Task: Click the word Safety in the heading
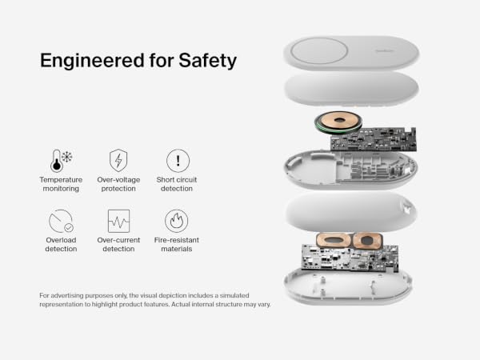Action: coord(207,61)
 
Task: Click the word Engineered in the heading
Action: coord(92,61)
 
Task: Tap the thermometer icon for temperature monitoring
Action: coord(57,161)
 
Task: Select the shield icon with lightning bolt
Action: coord(118,161)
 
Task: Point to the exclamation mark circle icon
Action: coord(178,161)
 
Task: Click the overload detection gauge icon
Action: coord(61,221)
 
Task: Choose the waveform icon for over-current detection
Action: coord(118,221)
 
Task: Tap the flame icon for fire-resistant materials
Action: coord(177,221)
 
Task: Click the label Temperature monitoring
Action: coord(61,184)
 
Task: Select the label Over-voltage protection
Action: coord(118,184)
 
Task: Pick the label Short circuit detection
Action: coord(177,184)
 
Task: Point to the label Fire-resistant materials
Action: coord(177,244)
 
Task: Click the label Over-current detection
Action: coord(118,244)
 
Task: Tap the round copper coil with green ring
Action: coord(338,122)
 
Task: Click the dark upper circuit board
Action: coord(374,139)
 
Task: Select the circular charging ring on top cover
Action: coord(319,51)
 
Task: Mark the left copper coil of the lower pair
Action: coord(334,241)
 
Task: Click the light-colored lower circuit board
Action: coord(350,258)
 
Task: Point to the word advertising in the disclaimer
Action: coord(66,296)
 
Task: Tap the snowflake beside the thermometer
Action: coord(67,157)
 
